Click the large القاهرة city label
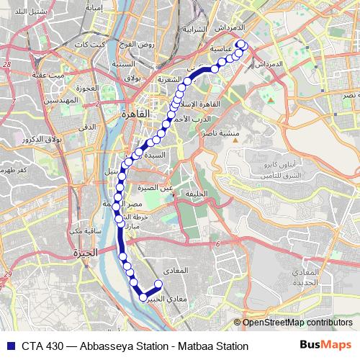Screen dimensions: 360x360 click(x=135, y=114)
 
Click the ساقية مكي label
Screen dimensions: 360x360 click(x=86, y=230)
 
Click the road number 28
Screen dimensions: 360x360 click(x=7, y=66)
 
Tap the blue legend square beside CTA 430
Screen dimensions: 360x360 click(x=9, y=346)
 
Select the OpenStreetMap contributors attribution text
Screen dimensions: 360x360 click(x=297, y=323)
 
